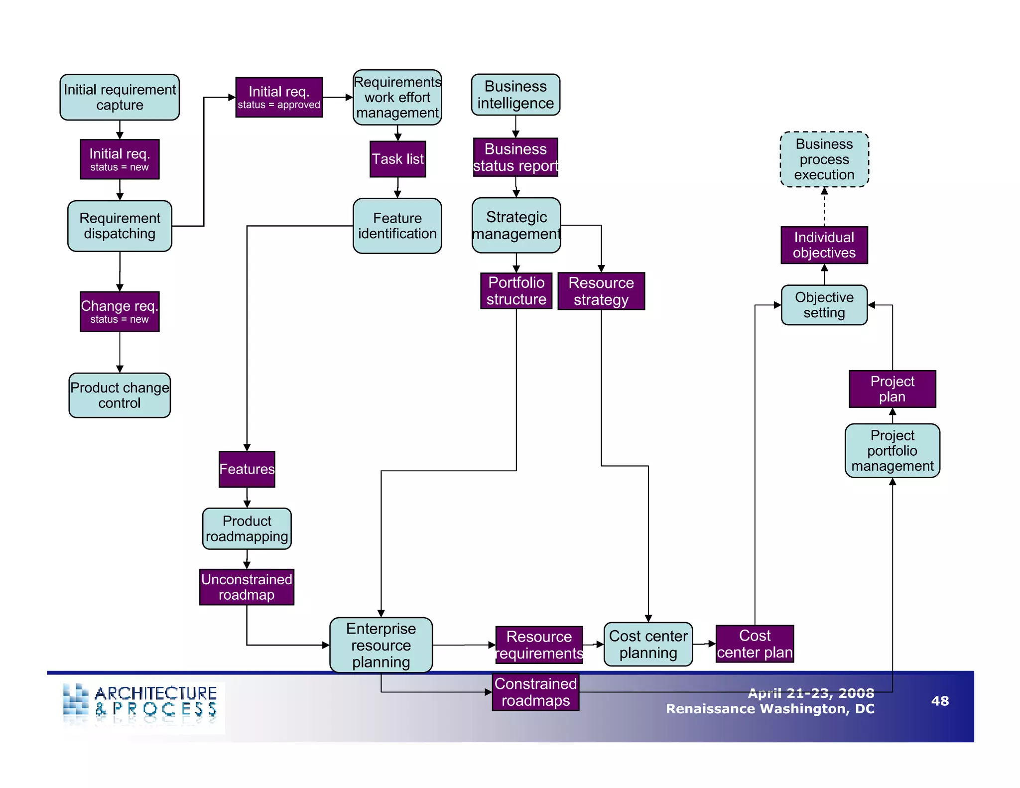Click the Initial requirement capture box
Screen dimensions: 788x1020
click(120, 97)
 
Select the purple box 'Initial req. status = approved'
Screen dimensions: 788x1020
click(279, 97)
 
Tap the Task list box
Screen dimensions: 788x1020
click(397, 159)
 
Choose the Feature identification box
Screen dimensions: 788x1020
click(397, 226)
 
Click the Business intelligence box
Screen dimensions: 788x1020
click(515, 95)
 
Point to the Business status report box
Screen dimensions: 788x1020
click(515, 157)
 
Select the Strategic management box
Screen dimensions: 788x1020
click(516, 225)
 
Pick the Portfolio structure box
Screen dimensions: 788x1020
click(516, 290)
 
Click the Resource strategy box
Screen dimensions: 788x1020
click(601, 291)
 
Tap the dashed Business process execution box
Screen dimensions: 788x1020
click(824, 159)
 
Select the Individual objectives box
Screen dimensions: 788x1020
click(824, 245)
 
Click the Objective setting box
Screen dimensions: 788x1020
click(824, 305)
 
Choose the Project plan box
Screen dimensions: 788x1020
click(892, 389)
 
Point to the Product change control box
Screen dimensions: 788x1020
click(120, 395)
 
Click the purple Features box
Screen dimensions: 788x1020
click(247, 469)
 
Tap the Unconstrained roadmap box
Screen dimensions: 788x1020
click(247, 587)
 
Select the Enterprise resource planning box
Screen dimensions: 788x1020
click(381, 645)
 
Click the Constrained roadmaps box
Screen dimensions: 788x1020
click(535, 692)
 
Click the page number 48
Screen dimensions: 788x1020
click(940, 701)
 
